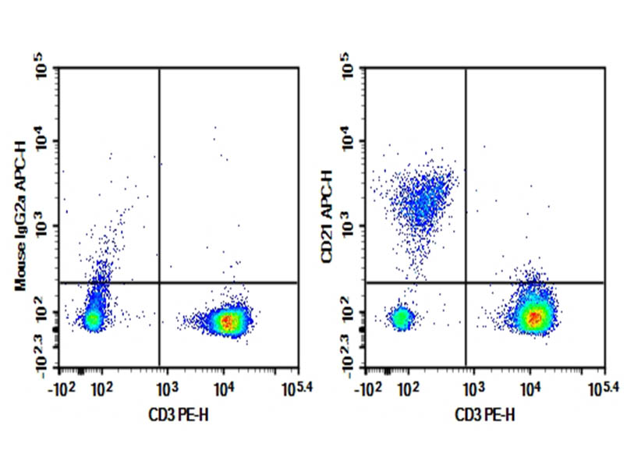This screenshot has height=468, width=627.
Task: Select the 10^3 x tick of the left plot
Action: coord(168,388)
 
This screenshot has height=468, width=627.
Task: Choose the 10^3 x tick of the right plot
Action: coord(475,388)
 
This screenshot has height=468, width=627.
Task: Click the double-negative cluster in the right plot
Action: coord(402,317)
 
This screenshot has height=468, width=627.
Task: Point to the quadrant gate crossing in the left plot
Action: coord(159,282)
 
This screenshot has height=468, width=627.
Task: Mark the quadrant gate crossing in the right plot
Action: coord(466,282)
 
